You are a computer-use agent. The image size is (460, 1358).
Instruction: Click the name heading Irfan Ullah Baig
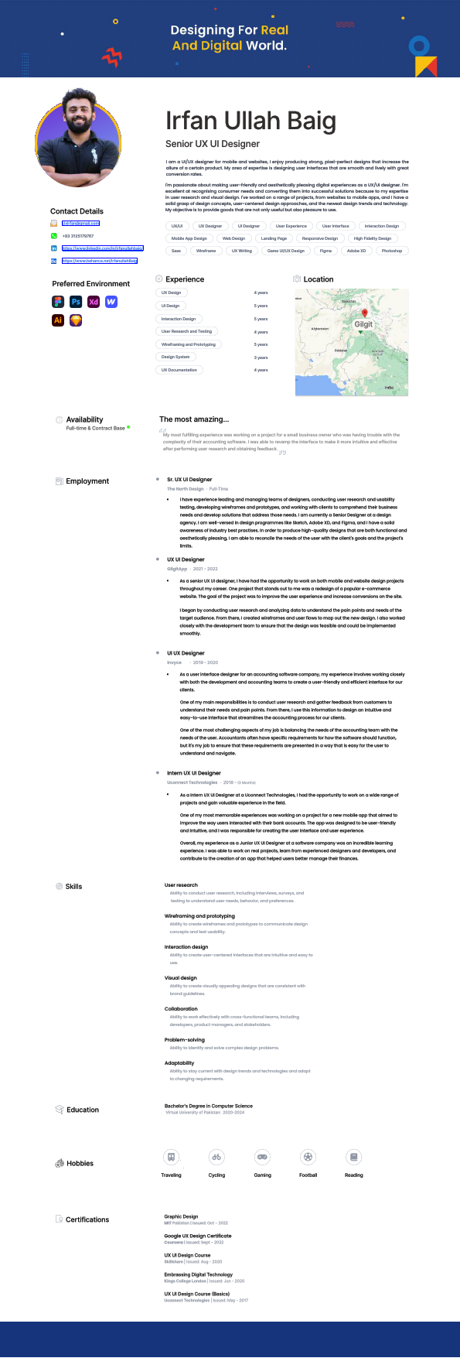click(250, 121)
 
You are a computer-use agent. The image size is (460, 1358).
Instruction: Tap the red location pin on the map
click(365, 314)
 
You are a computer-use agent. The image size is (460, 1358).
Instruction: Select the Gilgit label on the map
click(363, 324)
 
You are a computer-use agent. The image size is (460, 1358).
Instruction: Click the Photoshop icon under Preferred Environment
click(76, 302)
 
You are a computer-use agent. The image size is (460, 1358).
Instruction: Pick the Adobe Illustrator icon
click(58, 320)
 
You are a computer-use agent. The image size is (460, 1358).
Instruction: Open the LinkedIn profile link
click(103, 248)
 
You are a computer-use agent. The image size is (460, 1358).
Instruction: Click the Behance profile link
click(100, 261)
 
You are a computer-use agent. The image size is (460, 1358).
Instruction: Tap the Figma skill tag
click(325, 251)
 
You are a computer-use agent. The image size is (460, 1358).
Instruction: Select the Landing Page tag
click(274, 238)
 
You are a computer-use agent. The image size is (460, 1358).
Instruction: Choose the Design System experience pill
click(175, 357)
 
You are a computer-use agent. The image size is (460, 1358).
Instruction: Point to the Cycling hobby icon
click(216, 1157)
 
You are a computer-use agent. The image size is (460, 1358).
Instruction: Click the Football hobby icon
click(308, 1157)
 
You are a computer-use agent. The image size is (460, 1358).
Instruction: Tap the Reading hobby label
click(353, 1175)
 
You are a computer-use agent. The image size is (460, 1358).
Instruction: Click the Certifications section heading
click(87, 1219)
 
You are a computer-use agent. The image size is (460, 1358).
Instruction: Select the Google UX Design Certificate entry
click(198, 1236)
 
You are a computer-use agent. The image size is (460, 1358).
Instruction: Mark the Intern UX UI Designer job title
click(194, 773)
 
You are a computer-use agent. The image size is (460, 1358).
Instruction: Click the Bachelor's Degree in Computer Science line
click(209, 1106)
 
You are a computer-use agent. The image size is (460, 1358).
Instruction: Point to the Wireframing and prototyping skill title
click(199, 916)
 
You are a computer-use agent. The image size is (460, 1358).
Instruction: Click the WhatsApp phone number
click(78, 236)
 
